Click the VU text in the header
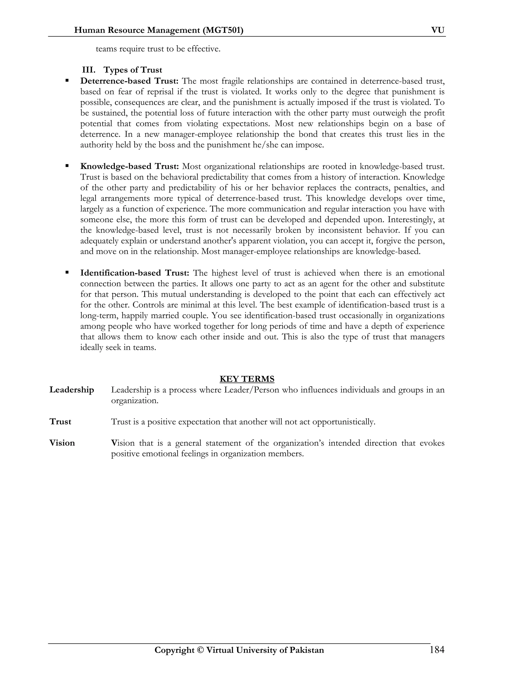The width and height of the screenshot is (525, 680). point(438,30)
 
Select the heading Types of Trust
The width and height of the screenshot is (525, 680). point(133,70)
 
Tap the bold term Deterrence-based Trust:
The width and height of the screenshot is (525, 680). point(129,81)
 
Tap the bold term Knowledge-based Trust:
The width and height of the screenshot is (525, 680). point(129,166)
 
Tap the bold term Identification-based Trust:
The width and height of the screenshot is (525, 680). point(135,273)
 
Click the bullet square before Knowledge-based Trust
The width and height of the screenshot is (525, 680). point(67,166)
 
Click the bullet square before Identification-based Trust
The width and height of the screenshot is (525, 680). point(67,273)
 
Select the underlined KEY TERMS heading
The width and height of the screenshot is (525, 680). point(247,379)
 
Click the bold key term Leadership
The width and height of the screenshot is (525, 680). point(72,390)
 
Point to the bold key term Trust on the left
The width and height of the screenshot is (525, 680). point(60,422)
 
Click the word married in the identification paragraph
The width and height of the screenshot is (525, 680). point(166,316)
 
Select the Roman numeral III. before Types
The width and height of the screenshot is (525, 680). point(89,70)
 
